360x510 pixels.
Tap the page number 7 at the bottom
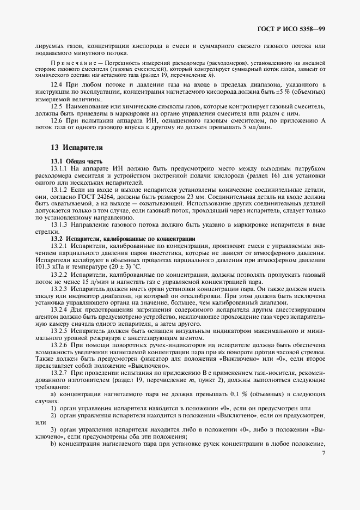[x=324, y=453]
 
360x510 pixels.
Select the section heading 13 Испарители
[x=73, y=148]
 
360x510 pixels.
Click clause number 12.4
[x=57, y=86]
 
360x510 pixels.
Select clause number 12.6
[x=57, y=120]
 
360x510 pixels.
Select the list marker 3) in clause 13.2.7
[x=53, y=429]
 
